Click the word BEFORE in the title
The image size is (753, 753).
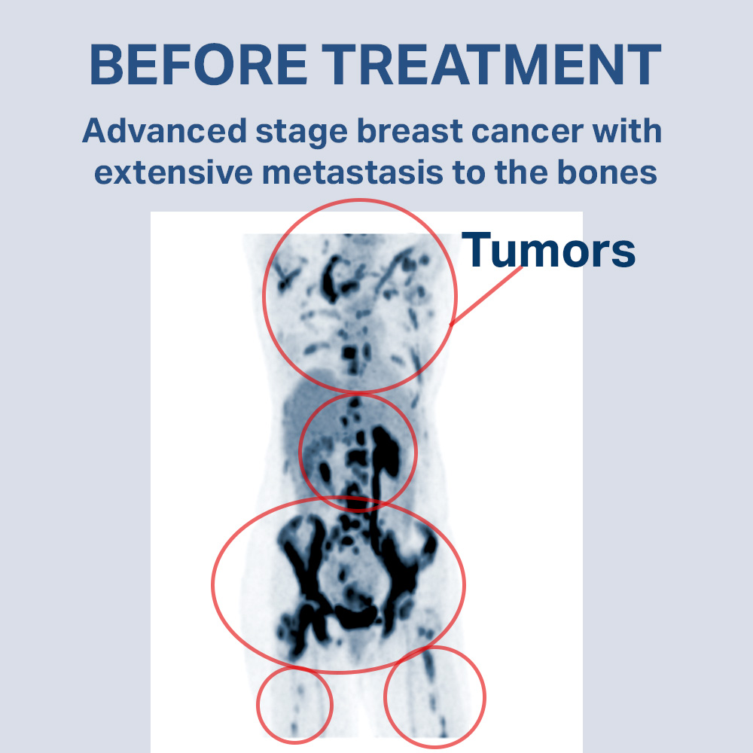(x=198, y=64)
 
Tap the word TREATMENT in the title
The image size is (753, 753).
(x=491, y=64)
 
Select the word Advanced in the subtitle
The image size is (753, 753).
(x=165, y=130)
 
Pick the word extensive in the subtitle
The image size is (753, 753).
(x=173, y=173)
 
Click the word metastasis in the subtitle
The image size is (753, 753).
(x=352, y=173)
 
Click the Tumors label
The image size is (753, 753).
(x=548, y=250)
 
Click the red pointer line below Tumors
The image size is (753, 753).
(x=486, y=296)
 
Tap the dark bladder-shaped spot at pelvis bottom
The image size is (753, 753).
(x=355, y=617)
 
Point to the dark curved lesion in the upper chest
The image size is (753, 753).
(x=331, y=278)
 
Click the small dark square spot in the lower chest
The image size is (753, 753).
(x=349, y=354)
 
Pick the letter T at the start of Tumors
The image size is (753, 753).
(x=476, y=249)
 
